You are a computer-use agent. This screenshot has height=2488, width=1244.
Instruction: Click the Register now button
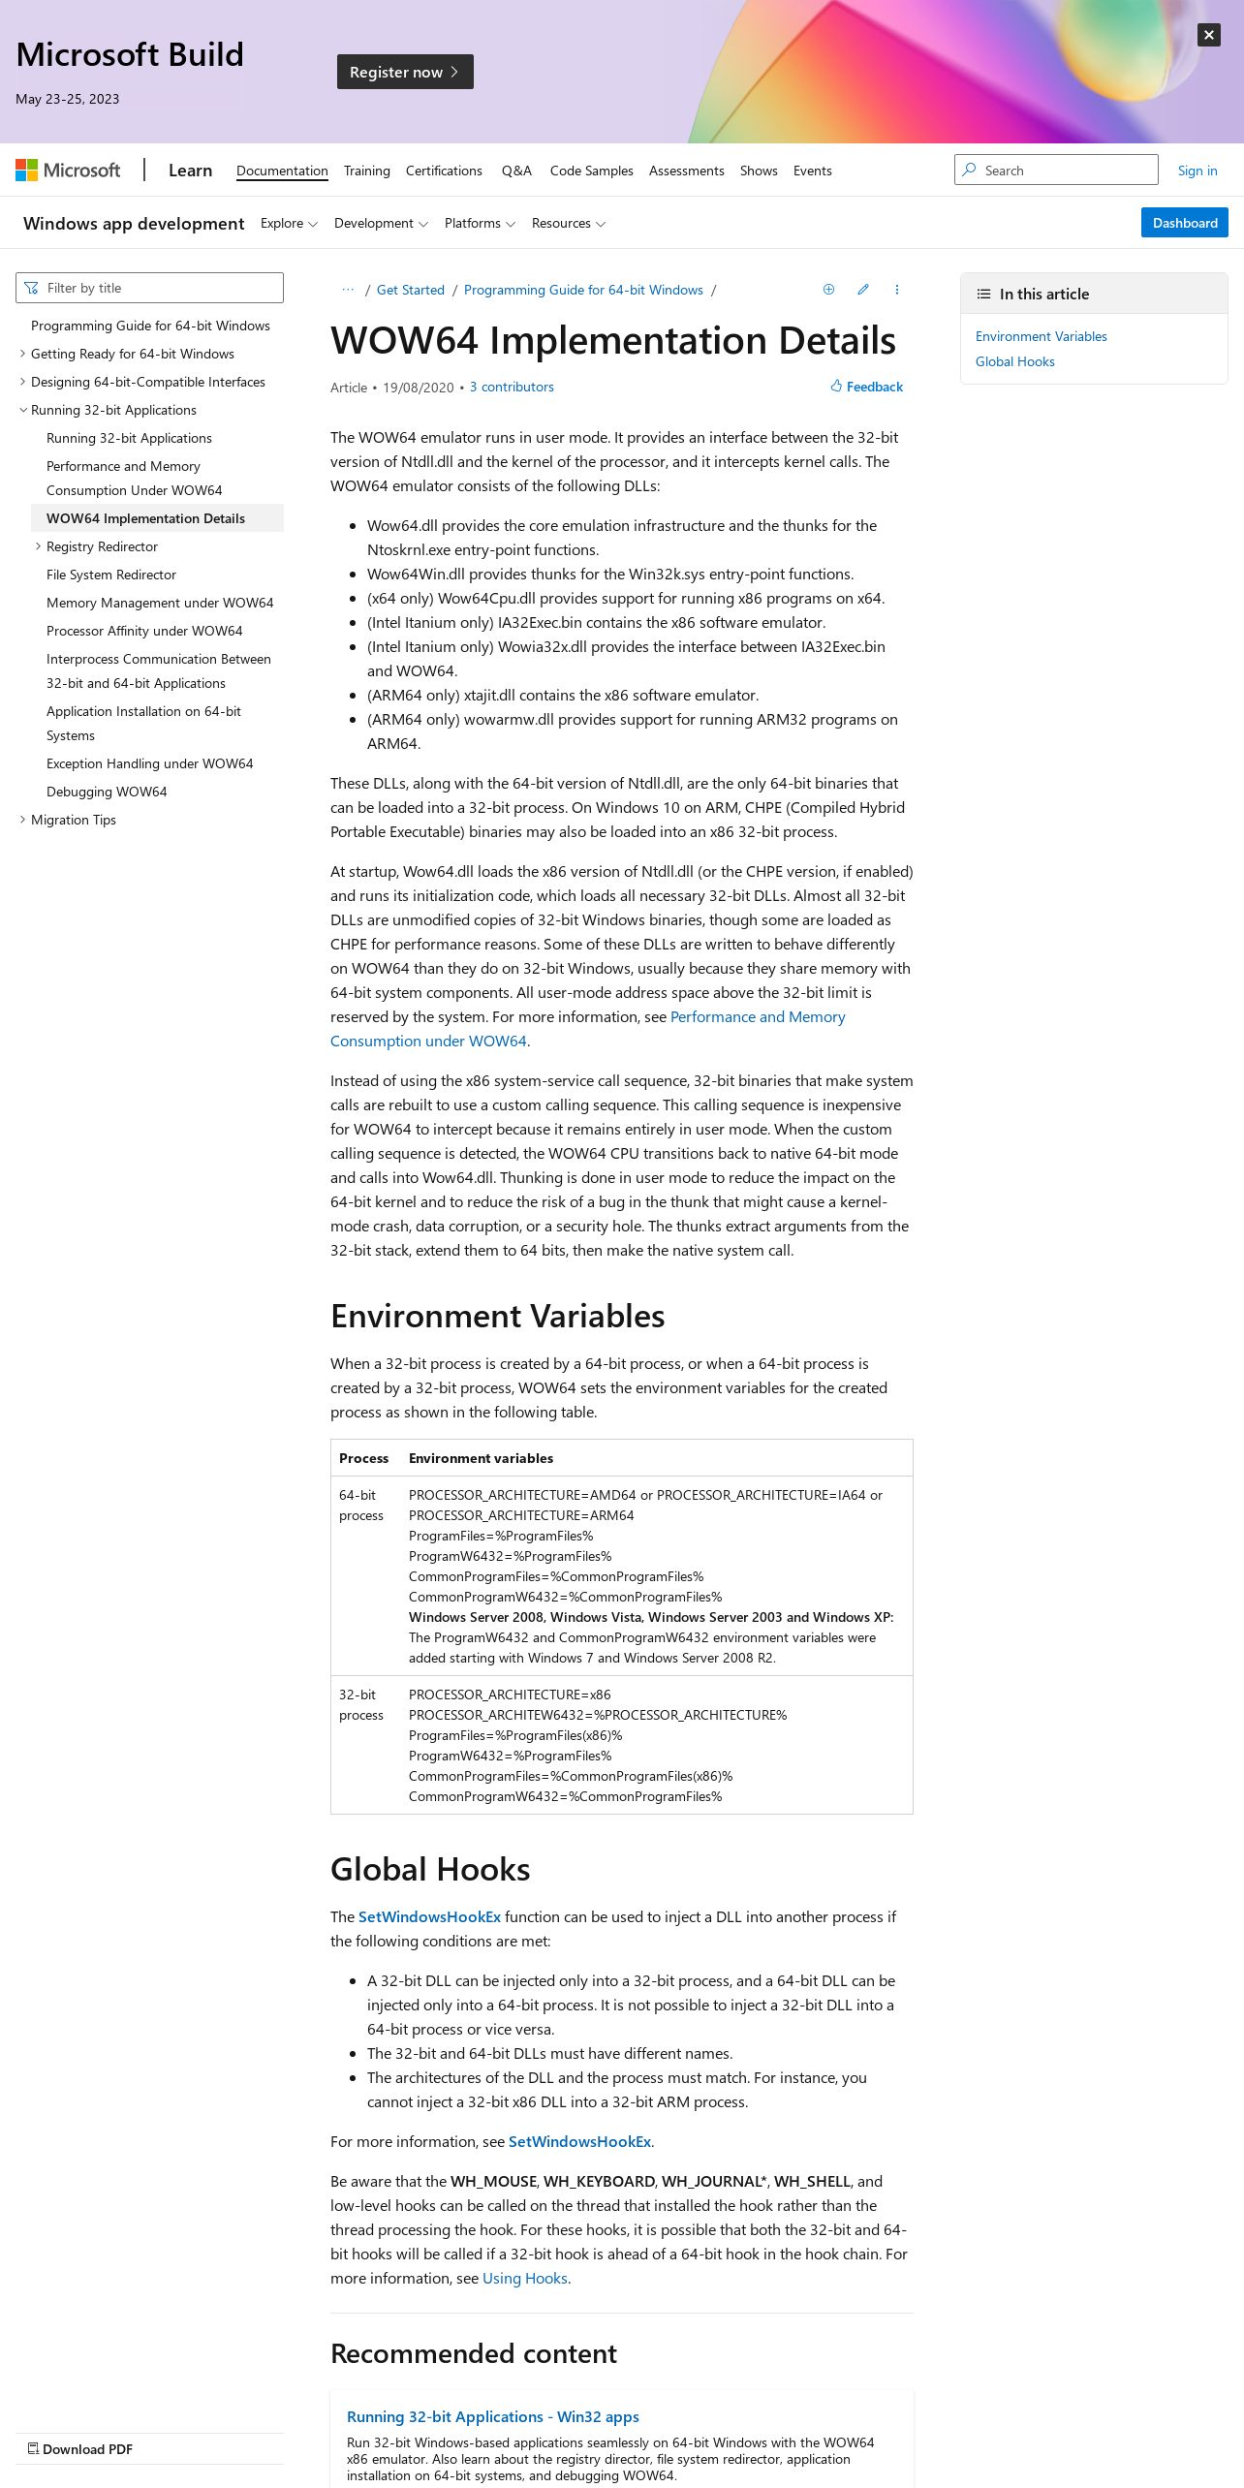tap(404, 72)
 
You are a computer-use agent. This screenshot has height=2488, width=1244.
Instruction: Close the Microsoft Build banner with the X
tap(1208, 35)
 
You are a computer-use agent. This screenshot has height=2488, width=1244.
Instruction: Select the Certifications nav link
tap(444, 171)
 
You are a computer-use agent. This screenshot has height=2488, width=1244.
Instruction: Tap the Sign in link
tap(1197, 171)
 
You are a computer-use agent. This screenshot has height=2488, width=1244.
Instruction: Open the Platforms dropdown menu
tap(480, 223)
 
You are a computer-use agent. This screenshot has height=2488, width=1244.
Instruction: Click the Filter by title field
tap(150, 288)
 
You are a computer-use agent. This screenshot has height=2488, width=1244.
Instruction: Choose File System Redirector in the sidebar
tap(111, 575)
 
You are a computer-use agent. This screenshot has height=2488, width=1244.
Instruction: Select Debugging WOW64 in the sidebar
tap(107, 792)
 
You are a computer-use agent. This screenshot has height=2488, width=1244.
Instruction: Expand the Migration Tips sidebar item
tap(74, 820)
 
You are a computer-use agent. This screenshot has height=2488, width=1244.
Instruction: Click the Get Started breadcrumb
tap(410, 290)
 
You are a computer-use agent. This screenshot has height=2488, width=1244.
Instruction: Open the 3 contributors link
tap(512, 387)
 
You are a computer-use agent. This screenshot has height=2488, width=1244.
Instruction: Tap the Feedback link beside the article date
tap(867, 387)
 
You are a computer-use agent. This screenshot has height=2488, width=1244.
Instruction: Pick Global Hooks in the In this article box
tap(1014, 361)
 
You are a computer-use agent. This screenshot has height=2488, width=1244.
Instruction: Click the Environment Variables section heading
tap(497, 1316)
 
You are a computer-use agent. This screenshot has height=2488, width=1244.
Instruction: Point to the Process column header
tap(363, 1458)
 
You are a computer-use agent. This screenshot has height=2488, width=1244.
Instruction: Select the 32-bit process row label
tap(360, 1704)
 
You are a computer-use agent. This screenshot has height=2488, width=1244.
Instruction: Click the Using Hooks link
tap(524, 2278)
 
